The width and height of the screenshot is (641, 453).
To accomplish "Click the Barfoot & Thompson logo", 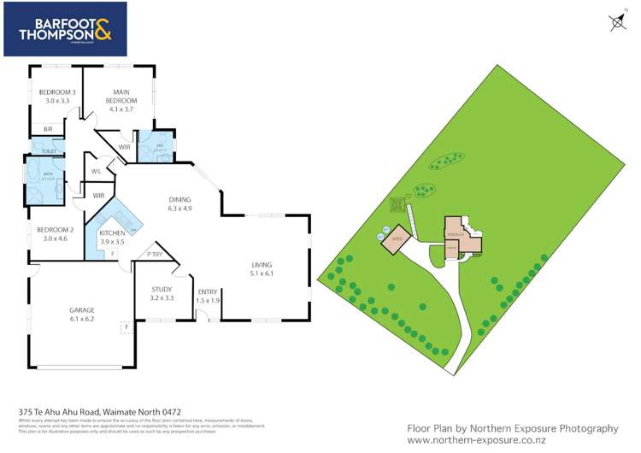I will pos(65,29).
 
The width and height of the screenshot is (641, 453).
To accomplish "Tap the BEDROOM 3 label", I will pos(56,92).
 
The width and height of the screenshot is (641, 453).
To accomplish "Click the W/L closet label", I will pos(97,171).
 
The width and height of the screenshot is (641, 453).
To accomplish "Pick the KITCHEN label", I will pos(113,232).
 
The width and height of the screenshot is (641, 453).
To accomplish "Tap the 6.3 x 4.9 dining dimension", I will pos(179,208).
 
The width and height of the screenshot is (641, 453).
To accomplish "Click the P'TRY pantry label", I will pos(156,254).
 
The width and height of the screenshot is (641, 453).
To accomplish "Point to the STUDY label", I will pos(162,290).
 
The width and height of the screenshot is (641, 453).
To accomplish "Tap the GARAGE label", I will pos(82,309).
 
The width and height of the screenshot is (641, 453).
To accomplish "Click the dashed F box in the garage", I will pos(126,327).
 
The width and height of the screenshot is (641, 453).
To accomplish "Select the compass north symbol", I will pos(618,23).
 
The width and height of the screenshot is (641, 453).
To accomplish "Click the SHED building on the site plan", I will pos(396,240).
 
